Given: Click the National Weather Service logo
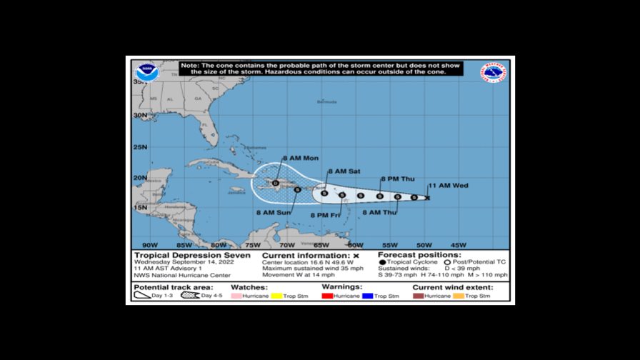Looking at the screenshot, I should tap(494, 74).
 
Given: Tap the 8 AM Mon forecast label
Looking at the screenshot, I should tap(301, 158).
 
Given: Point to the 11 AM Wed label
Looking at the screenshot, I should tap(448, 186).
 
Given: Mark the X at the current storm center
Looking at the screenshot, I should tap(427, 197).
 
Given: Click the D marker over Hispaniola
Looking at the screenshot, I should tap(275, 184).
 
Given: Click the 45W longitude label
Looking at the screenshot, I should tap(458, 244).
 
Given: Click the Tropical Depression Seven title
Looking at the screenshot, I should tap(192, 255).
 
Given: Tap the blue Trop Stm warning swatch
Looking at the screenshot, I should tap(368, 296).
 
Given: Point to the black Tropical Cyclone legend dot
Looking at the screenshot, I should tap(382, 263).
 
